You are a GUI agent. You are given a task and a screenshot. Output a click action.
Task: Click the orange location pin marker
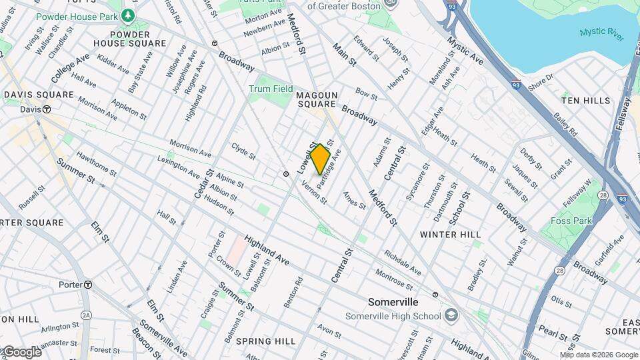point(320,159)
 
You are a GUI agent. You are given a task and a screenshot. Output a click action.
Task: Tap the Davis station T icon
point(47,109)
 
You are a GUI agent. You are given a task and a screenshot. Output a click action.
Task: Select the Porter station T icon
point(87,285)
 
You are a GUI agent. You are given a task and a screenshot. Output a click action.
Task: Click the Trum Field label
point(271,89)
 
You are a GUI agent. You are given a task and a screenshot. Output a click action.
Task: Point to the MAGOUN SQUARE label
point(317,100)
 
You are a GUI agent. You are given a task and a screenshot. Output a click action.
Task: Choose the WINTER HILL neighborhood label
point(451,235)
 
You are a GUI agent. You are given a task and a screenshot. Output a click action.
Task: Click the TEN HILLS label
point(585,101)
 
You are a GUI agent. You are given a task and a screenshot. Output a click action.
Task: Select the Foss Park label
point(571,221)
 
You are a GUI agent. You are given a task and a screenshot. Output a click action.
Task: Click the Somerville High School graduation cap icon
point(452,315)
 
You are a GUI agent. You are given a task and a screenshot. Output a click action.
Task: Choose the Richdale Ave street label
point(402,263)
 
